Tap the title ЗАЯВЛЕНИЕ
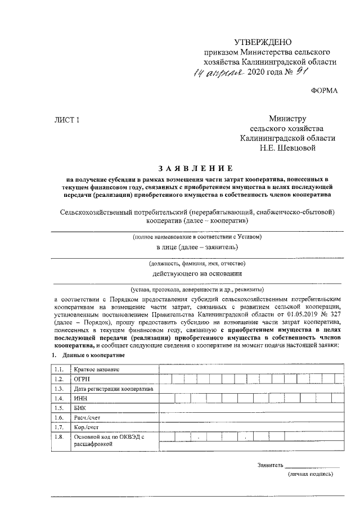pos(195,168)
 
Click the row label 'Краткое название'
pos(97,369)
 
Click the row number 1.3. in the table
pos(58,389)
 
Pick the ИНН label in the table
pos(81,398)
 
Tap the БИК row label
pos(80,408)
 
